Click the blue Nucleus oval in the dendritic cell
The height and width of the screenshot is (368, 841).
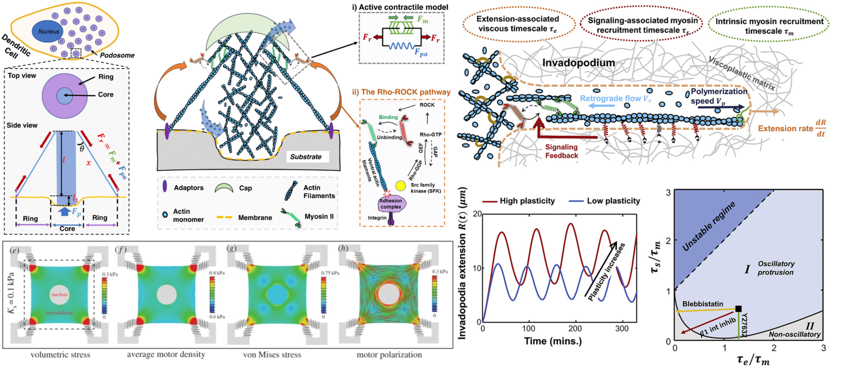[x=49, y=32]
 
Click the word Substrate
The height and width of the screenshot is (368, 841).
[x=306, y=157]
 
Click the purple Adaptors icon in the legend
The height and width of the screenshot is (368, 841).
[x=165, y=187]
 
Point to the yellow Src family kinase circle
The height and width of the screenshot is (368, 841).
[x=400, y=186]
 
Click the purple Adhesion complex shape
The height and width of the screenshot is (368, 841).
[x=391, y=203]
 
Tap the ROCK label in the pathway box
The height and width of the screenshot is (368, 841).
[x=427, y=105]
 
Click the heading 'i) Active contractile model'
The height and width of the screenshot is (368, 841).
[x=400, y=7]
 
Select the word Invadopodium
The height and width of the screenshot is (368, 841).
[x=578, y=63]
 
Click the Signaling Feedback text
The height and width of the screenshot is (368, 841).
[x=561, y=151]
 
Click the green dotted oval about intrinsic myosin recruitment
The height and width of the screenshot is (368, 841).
[x=769, y=26]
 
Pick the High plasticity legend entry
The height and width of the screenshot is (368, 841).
[x=519, y=201]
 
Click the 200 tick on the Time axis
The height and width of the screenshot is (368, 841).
[x=575, y=329]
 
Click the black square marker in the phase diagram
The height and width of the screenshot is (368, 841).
[x=738, y=309]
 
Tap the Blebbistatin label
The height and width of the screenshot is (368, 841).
[x=703, y=304]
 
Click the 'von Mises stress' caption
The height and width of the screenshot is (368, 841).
[x=272, y=355]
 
